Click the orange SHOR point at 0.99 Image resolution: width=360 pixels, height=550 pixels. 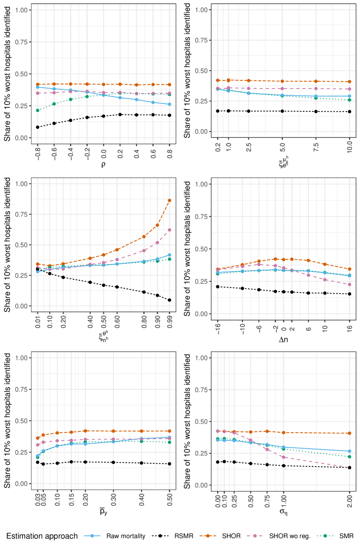pyautogui.click(x=169, y=200)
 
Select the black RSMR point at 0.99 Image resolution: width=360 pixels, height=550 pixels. pyautogui.click(x=169, y=300)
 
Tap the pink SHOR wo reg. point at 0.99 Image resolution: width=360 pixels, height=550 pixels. pyautogui.click(x=169, y=230)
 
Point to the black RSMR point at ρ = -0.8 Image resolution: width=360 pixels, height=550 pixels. pyautogui.click(x=37, y=127)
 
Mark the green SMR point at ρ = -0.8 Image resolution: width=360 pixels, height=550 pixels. pyautogui.click(x=37, y=110)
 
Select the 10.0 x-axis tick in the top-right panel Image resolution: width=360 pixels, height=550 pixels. pyautogui.click(x=349, y=148)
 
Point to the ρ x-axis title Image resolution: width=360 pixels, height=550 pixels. pyautogui.click(x=103, y=165)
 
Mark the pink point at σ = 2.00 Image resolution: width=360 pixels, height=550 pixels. pyautogui.click(x=349, y=467)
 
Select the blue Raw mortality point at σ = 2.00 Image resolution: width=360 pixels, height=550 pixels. pyautogui.click(x=349, y=451)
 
